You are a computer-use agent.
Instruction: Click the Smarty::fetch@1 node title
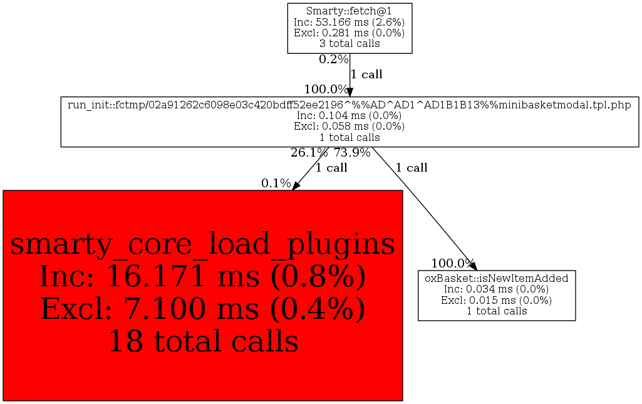tap(349, 11)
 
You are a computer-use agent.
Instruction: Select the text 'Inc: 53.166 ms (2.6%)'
tap(349, 22)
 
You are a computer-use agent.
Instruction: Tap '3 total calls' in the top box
tap(349, 44)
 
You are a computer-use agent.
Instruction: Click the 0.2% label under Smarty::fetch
tap(333, 60)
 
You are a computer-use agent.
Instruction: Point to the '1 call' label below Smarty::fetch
tap(366, 75)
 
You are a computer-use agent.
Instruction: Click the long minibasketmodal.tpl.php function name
tap(349, 105)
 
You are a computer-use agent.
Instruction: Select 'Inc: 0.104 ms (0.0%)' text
tap(349, 115)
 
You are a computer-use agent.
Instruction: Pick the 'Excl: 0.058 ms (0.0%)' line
tap(349, 126)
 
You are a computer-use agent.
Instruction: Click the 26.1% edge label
tap(309, 152)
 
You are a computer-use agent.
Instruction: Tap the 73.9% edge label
tap(352, 152)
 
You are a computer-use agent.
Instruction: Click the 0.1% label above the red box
tap(276, 184)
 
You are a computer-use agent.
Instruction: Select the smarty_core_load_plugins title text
tap(202, 244)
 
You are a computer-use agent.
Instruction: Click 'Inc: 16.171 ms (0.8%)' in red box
tap(202, 277)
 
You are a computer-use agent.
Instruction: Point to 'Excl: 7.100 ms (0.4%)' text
tap(202, 309)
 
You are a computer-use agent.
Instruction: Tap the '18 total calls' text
tap(202, 341)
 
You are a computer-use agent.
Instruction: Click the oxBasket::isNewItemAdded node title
tap(496, 278)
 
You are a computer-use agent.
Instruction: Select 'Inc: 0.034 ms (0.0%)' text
tap(496, 289)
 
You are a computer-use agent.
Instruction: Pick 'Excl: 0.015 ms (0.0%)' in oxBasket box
tap(496, 300)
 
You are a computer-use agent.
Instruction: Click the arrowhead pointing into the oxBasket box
tap(474, 266)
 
